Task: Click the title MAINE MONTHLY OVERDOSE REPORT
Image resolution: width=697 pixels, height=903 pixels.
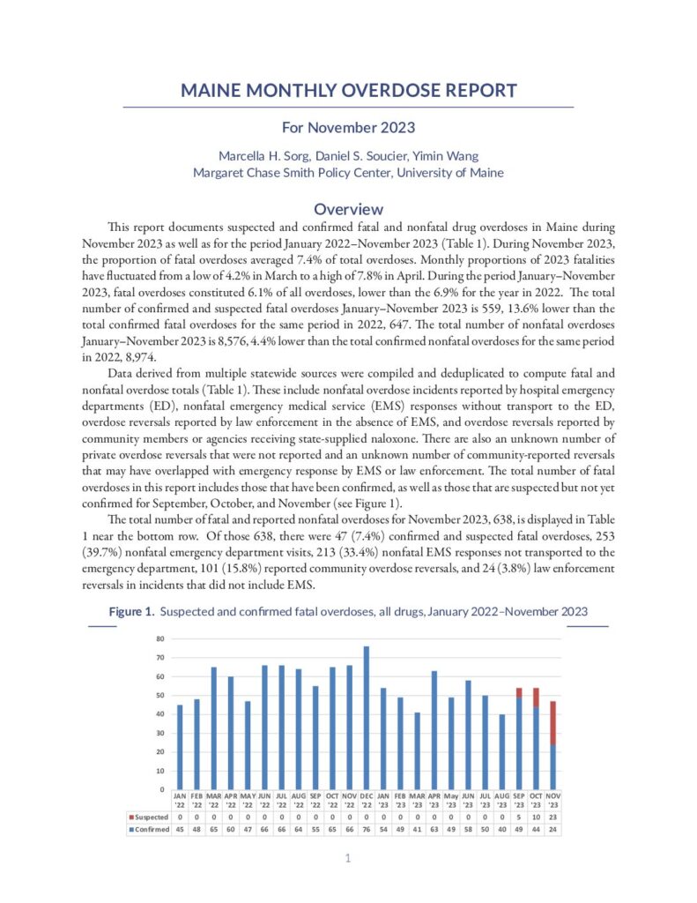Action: tap(348, 91)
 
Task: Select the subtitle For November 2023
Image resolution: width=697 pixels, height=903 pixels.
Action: tap(348, 129)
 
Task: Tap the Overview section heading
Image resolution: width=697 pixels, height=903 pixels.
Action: tap(348, 209)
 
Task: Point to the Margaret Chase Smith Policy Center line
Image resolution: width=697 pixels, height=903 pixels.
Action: tap(348, 173)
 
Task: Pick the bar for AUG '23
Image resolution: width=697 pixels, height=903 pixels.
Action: tap(502, 751)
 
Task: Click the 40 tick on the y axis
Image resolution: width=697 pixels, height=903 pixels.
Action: tap(160, 713)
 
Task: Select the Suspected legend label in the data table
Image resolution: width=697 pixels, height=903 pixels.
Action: tap(149, 817)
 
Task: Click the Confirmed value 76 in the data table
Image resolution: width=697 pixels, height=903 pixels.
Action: tap(366, 830)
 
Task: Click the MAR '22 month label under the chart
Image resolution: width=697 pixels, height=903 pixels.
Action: tap(213, 802)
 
